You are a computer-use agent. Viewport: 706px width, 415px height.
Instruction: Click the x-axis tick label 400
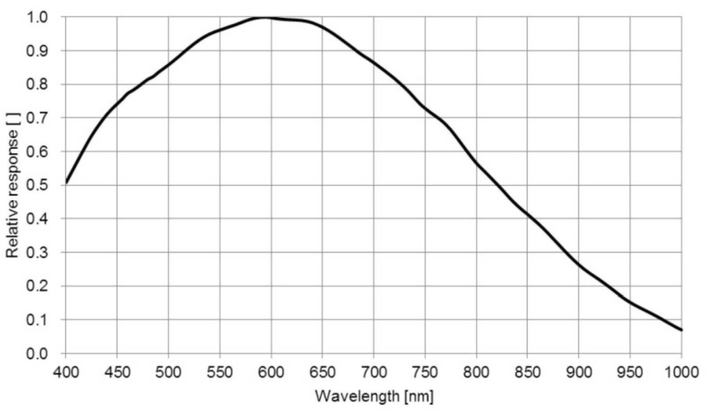(66, 372)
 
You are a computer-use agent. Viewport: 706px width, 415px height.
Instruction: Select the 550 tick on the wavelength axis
(220, 372)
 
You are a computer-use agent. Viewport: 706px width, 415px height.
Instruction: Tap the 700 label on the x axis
(374, 372)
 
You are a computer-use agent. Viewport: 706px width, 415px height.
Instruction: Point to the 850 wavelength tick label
(527, 372)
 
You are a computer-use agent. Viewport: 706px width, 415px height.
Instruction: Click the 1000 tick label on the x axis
(681, 372)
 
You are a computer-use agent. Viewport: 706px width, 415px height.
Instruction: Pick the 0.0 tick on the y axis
(37, 353)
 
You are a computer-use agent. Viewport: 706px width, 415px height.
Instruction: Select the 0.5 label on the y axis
(37, 185)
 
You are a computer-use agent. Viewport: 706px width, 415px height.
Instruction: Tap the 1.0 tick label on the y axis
(37, 17)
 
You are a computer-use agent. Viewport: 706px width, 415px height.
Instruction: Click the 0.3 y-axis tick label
(37, 252)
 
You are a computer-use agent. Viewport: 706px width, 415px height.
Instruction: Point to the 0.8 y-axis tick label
(37, 84)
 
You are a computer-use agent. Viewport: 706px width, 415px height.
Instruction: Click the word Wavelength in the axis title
(357, 396)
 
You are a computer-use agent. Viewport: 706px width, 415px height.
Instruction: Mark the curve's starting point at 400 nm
(66, 183)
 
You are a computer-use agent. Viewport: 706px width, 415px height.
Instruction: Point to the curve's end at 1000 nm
(681, 330)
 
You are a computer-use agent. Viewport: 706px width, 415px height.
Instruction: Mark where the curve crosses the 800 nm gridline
(476, 163)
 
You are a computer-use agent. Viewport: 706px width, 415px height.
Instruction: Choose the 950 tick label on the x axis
(630, 372)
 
